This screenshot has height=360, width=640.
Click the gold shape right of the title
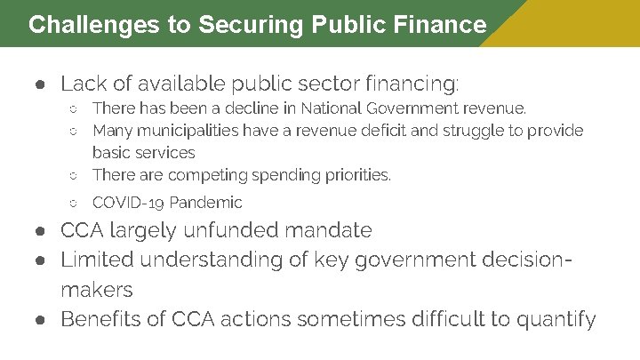569,23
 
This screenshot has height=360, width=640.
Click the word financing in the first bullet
412,85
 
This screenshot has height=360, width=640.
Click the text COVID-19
128,203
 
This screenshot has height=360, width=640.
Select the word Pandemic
205,203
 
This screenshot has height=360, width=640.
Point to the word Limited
97,260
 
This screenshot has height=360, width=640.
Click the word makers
97,290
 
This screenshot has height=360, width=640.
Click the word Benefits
103,319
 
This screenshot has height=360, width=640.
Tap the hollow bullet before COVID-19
75,204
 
